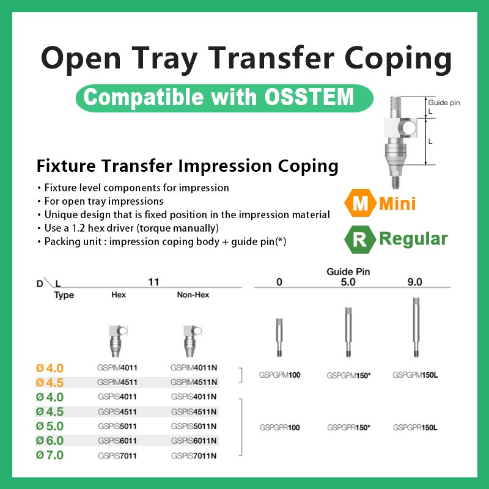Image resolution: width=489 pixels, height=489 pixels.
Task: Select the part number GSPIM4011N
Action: (x=194, y=368)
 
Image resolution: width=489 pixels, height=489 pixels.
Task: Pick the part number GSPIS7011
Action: (x=117, y=455)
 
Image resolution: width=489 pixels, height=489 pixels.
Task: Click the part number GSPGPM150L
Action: (x=415, y=375)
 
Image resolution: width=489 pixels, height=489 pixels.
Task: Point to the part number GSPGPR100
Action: (x=279, y=427)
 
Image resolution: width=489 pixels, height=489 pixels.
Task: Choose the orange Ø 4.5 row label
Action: (x=50, y=383)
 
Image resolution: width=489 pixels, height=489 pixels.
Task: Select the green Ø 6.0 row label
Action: (x=50, y=441)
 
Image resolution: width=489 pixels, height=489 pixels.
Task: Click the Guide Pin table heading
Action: (x=349, y=271)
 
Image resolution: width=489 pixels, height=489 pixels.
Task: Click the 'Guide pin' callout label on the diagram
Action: (x=444, y=103)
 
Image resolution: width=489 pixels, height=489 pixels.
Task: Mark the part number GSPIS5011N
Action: (x=194, y=426)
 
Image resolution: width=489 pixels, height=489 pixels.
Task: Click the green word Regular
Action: (x=413, y=239)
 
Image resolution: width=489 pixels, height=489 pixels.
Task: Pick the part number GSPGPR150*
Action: (x=349, y=427)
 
